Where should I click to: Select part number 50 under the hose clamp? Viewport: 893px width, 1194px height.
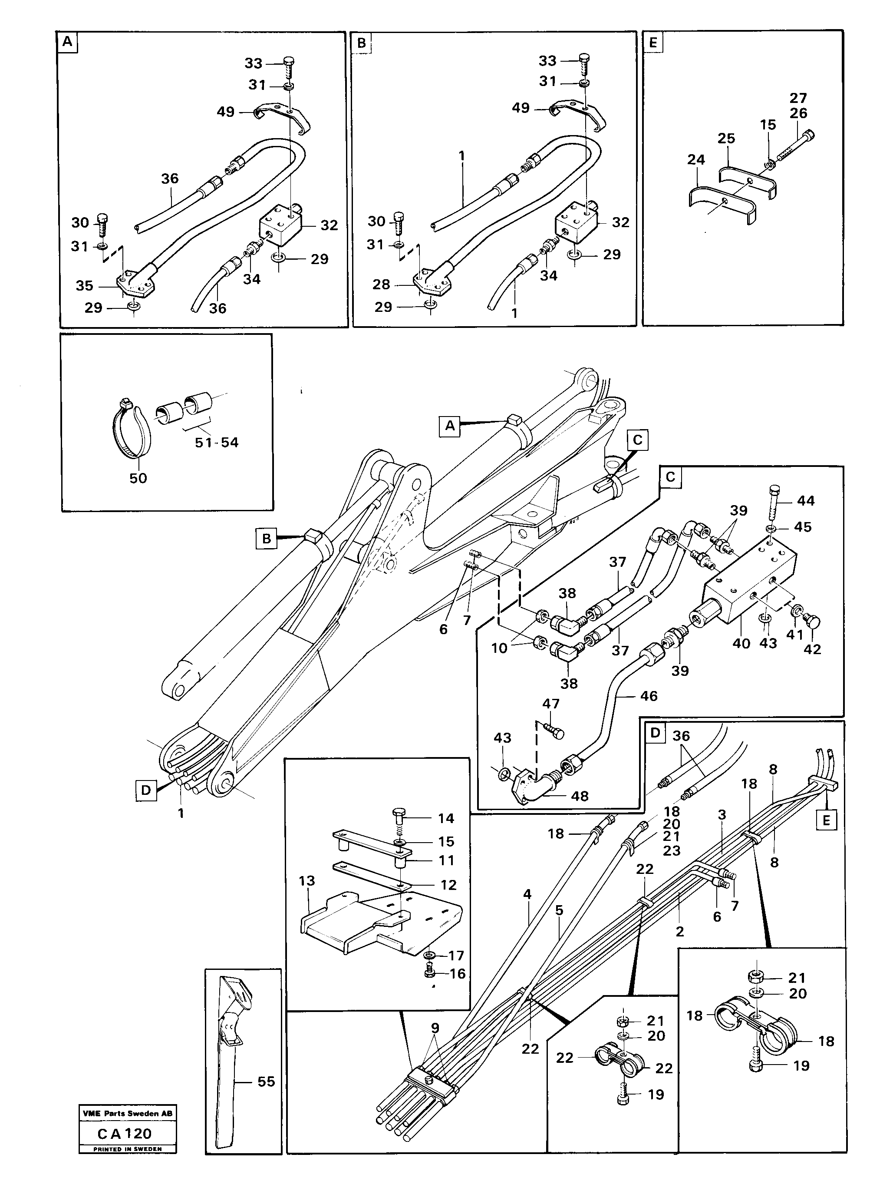click(x=138, y=478)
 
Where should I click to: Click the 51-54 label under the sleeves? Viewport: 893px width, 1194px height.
click(x=216, y=443)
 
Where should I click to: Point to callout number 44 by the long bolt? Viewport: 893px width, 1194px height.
click(x=806, y=501)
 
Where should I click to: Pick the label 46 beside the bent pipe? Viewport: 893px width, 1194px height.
click(x=649, y=696)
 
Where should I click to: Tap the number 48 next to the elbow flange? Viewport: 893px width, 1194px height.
click(x=580, y=796)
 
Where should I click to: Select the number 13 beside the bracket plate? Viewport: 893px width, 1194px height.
click(x=306, y=881)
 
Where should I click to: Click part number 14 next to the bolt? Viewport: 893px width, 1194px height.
click(x=446, y=818)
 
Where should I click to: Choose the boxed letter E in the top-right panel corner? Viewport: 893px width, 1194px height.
click(x=653, y=43)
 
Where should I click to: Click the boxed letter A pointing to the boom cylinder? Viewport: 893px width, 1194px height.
click(x=449, y=427)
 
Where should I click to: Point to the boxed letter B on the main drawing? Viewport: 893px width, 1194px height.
click(x=267, y=538)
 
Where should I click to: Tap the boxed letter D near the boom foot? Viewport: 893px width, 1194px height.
click(x=146, y=790)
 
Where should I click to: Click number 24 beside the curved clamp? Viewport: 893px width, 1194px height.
click(x=696, y=160)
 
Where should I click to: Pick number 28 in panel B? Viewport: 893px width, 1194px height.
click(x=382, y=284)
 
